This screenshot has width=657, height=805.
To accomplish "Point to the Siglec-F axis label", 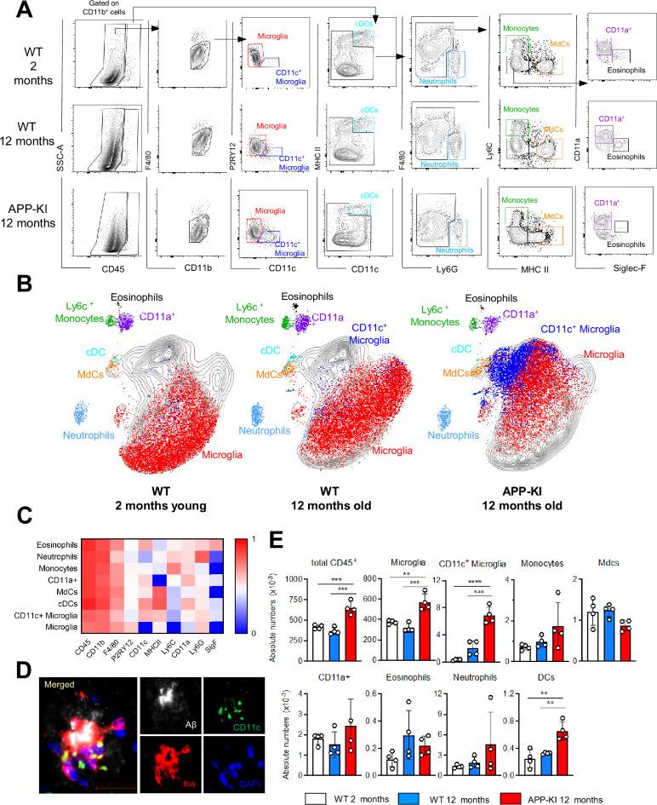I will click(x=612, y=248).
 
